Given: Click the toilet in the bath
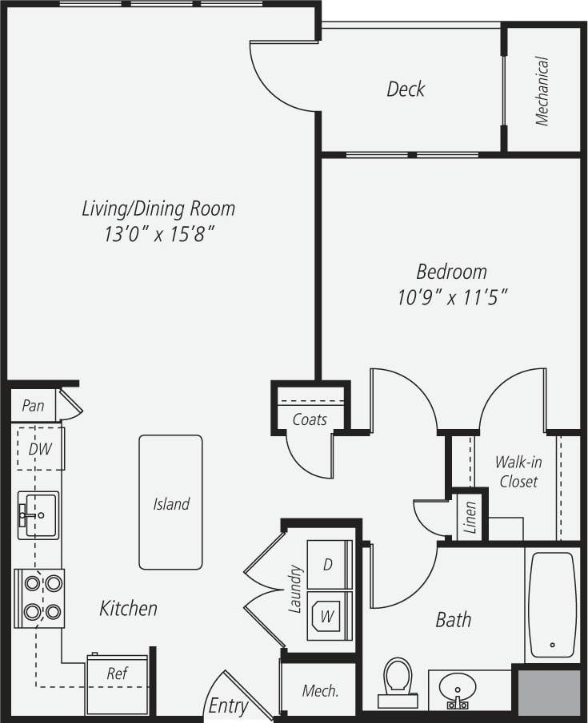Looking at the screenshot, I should click(396, 681).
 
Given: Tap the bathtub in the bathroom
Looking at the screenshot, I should click(552, 603).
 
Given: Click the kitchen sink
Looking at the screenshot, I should click(38, 514).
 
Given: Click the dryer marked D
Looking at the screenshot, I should click(328, 564).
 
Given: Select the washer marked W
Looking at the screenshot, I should click(328, 616).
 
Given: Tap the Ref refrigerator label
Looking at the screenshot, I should click(117, 673).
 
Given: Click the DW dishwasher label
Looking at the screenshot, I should click(39, 449).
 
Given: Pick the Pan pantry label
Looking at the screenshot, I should click(33, 406).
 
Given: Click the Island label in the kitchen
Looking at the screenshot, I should click(171, 503).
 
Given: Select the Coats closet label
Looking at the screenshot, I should click(310, 419).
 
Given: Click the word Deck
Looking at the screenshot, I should click(406, 89).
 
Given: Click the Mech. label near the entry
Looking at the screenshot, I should click(320, 690).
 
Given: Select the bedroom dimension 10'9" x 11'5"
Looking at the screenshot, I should click(453, 297).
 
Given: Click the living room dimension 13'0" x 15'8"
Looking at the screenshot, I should click(158, 235).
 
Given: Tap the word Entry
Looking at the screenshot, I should click(228, 706).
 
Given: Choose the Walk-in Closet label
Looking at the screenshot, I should click(516, 471).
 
